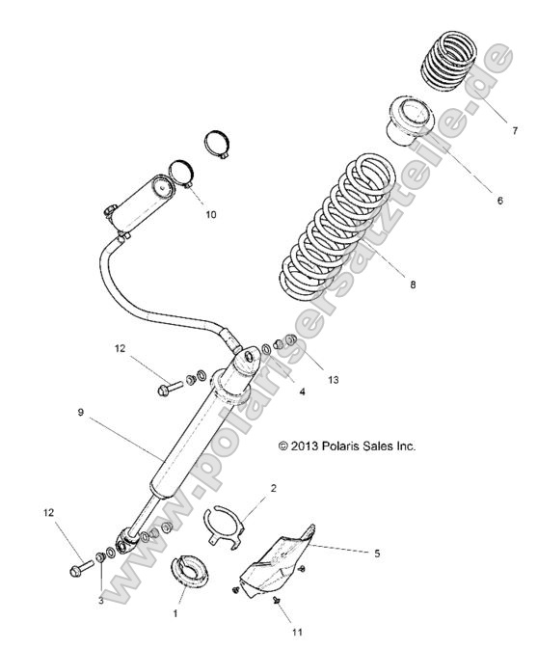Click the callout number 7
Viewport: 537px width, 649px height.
pos(515,130)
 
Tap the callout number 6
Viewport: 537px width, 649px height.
pos(499,202)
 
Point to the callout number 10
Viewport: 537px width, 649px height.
pos(210,214)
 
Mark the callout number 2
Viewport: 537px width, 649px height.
pos(273,489)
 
